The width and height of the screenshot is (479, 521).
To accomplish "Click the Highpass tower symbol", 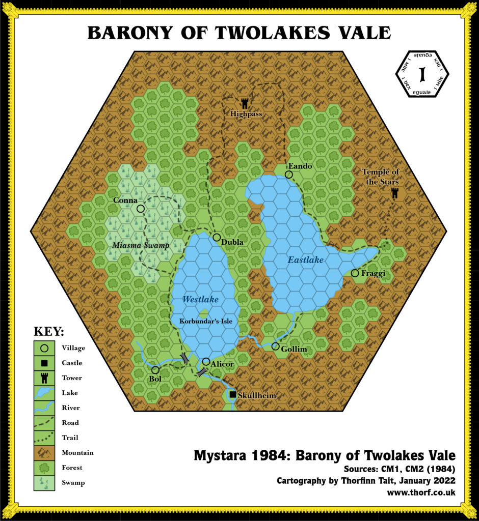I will [245, 103].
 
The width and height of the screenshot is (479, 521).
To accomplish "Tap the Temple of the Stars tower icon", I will [394, 193].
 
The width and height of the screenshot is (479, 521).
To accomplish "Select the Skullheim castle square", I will [233, 394].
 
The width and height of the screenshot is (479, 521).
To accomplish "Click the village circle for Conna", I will [141, 208].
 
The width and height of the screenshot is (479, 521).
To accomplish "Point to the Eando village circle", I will [288, 175].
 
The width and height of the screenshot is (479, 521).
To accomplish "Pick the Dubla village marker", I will [217, 238].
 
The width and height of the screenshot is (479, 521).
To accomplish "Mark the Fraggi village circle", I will [355, 273].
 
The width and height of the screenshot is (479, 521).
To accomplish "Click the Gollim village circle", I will [275, 346].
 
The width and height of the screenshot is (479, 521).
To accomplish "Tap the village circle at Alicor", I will [206, 361].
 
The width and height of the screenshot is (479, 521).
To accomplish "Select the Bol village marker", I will [155, 370].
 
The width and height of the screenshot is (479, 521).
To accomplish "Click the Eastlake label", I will [306, 260].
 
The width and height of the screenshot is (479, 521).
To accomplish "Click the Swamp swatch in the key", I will [44, 482].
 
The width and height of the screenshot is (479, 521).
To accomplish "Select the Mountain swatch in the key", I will [44, 452].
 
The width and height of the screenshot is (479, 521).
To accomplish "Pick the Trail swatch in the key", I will [44, 437].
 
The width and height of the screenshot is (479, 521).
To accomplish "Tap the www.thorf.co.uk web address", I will [421, 493].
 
